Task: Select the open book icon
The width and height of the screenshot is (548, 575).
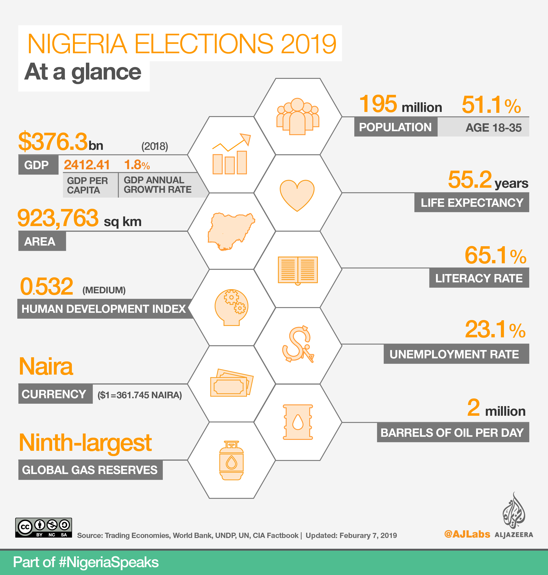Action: [x=298, y=270]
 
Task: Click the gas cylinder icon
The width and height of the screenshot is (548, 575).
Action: [x=231, y=460]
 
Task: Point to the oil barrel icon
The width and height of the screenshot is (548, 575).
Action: [x=298, y=422]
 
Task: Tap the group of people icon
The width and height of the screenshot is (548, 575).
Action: [x=298, y=117]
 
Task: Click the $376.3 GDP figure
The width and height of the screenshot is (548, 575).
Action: [x=53, y=142]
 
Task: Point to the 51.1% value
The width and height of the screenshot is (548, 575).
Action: [x=491, y=105]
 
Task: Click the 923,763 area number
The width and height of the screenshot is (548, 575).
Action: [x=58, y=218]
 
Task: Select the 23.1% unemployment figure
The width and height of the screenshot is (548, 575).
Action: [x=495, y=330]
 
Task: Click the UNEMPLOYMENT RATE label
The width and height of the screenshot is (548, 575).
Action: [x=454, y=354]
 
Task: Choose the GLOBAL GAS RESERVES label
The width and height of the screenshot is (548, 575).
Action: [x=90, y=470]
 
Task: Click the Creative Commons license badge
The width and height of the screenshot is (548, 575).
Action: [x=44, y=528]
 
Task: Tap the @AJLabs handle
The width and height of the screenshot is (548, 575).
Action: [x=467, y=534]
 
